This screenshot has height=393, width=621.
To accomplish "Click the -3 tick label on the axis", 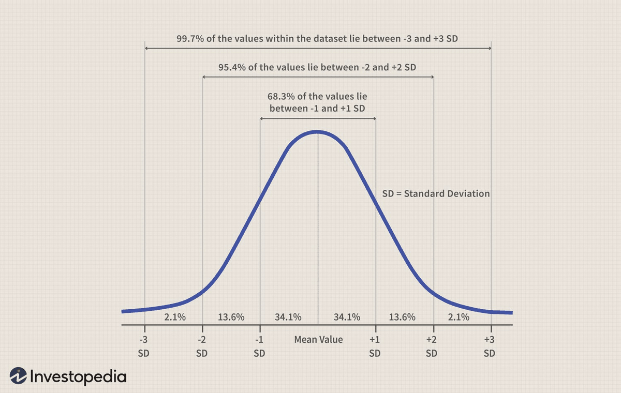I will [x=144, y=340].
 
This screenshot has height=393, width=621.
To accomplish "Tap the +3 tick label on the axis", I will [x=490, y=340].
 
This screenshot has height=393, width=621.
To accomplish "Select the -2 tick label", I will [x=202, y=340].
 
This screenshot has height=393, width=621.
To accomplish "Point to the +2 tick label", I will [x=432, y=340].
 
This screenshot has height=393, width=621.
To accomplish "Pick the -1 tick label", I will [x=259, y=340].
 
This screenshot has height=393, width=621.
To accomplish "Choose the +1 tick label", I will [x=375, y=340].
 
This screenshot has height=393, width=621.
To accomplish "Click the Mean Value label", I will [x=318, y=340].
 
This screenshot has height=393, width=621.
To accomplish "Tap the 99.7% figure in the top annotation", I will [x=190, y=39].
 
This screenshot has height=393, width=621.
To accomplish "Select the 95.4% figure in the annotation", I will [x=231, y=67].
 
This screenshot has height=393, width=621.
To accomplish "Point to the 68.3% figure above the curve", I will [x=280, y=97].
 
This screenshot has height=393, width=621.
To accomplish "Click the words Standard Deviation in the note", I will [x=447, y=194].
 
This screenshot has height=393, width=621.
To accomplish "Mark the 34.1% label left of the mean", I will [x=288, y=317].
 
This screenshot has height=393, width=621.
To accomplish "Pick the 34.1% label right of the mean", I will [x=347, y=317].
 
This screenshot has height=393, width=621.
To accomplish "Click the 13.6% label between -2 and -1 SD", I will [x=231, y=317].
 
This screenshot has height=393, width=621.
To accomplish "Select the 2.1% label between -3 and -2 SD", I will [x=175, y=317].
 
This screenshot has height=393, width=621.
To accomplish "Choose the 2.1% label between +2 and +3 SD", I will [x=459, y=317].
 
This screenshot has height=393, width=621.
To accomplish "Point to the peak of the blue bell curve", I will [x=317, y=132].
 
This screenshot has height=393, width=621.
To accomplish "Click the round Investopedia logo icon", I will [x=18, y=376].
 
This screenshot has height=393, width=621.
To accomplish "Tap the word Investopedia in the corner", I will [x=78, y=376].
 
